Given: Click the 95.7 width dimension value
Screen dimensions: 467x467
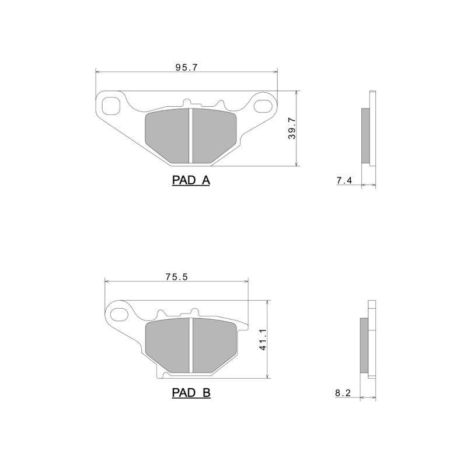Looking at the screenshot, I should click(187, 67).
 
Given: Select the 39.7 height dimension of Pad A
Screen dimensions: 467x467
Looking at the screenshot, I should click(292, 128).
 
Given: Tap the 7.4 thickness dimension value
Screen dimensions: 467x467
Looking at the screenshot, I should click(344, 181).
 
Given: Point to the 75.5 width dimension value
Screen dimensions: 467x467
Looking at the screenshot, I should click(176, 277).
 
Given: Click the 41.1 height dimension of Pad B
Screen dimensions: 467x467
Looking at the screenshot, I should click(263, 339).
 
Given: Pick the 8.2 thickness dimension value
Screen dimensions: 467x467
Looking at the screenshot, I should click(343, 393).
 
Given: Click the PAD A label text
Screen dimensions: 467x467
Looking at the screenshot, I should click(191, 181).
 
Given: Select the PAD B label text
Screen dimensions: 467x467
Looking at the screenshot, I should click(191, 393).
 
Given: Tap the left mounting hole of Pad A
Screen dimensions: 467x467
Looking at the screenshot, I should click(110, 105).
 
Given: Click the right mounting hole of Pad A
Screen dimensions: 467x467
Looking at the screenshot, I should click(263, 106).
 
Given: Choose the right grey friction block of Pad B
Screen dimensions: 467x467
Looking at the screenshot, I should click(213, 344).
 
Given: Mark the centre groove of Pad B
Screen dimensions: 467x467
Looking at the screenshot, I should click(191, 344).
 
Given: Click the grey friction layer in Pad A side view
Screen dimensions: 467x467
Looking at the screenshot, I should click(366, 136).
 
